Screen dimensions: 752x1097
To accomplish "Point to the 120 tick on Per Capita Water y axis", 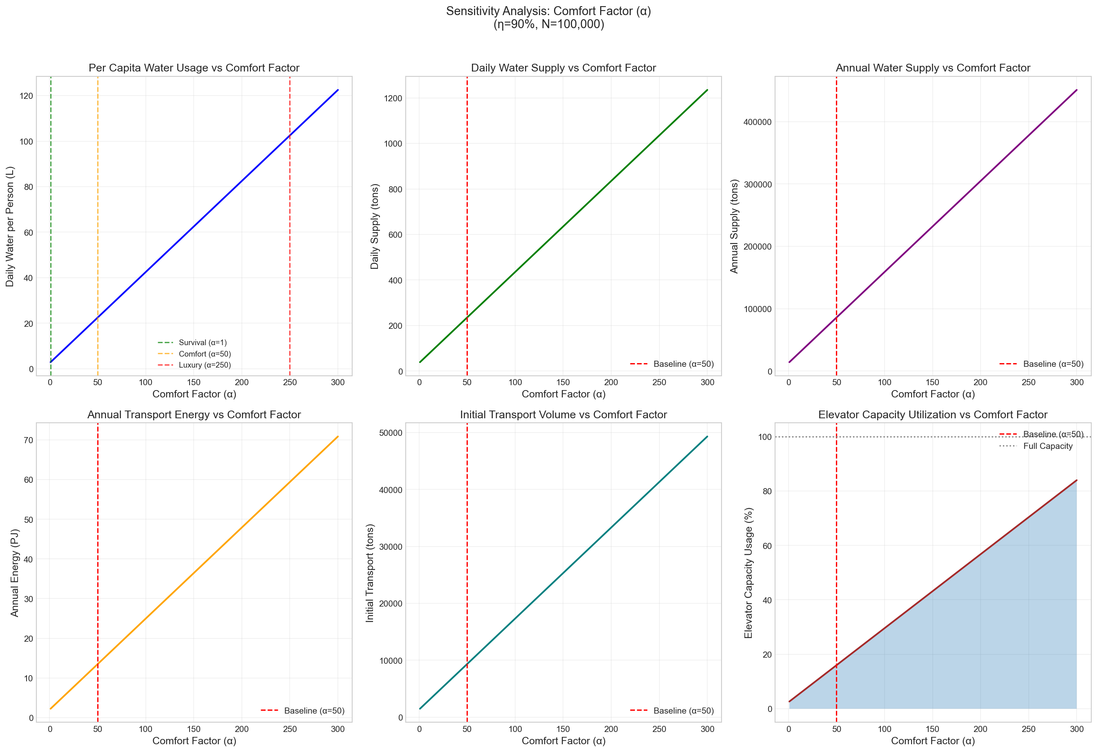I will [x=27, y=96].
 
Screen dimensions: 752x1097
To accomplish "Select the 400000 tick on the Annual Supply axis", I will [x=757, y=122].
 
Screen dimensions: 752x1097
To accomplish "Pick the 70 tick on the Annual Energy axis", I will [x=28, y=440].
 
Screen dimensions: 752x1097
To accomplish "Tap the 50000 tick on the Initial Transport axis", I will [x=390, y=433].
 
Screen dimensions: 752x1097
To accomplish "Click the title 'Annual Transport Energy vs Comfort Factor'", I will [x=194, y=415].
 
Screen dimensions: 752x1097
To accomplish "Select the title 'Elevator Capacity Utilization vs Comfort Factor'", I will [x=932, y=415].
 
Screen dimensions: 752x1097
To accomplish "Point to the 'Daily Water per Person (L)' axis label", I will [x=10, y=227].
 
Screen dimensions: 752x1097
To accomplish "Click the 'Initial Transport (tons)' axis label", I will [x=370, y=573].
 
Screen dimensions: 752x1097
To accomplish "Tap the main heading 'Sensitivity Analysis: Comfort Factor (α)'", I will [x=548, y=11].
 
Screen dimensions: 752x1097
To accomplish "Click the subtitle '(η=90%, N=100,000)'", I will [x=548, y=24].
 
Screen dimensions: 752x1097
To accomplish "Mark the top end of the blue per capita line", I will [x=337, y=90].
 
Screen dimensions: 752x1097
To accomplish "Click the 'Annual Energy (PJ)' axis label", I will [x=15, y=573].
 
